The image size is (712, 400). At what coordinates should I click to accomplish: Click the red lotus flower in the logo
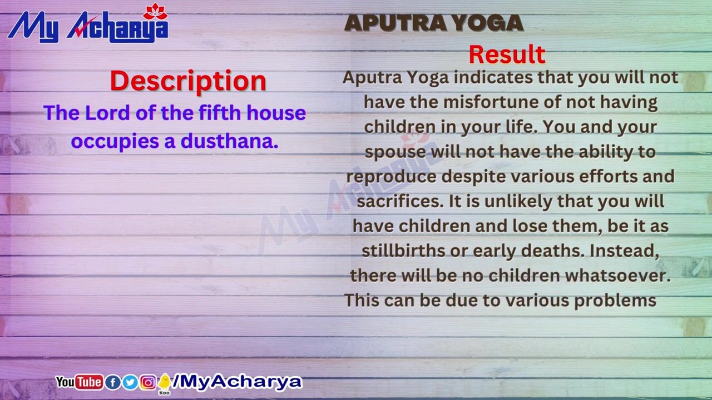155,12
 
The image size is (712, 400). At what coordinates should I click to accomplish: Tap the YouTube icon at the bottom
79,382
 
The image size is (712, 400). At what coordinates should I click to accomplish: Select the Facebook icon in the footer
112,382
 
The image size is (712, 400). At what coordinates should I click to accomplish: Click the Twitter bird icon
130,382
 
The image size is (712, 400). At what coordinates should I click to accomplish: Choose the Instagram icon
148,382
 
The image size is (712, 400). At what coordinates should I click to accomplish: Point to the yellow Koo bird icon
164,383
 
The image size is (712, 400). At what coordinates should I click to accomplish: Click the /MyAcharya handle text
237,382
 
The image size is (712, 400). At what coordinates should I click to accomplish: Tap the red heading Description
188,81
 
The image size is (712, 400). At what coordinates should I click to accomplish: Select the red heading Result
507,54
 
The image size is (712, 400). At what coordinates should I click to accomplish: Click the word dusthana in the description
229,141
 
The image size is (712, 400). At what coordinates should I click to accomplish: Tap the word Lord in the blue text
107,113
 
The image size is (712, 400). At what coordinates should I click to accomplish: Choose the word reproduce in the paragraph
391,177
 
